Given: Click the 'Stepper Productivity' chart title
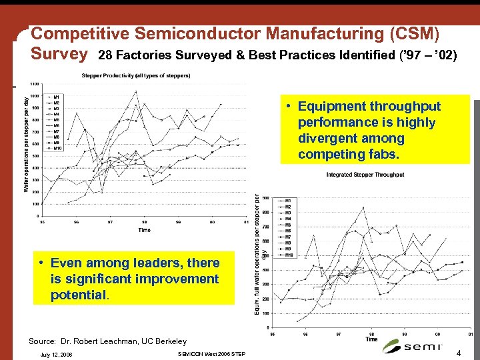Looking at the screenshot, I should (135, 75).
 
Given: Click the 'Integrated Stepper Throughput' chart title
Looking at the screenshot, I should (365, 175).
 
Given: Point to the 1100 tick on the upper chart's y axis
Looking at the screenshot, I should (33, 84).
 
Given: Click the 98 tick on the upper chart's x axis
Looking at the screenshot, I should (145, 223).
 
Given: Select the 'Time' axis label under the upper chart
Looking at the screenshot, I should (144, 230).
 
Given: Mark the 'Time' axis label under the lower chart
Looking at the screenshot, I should (371, 339).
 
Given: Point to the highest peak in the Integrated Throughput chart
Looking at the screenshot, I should (363, 207).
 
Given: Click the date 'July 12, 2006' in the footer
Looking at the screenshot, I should (56, 354).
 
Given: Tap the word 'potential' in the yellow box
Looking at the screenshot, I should (79, 295).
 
